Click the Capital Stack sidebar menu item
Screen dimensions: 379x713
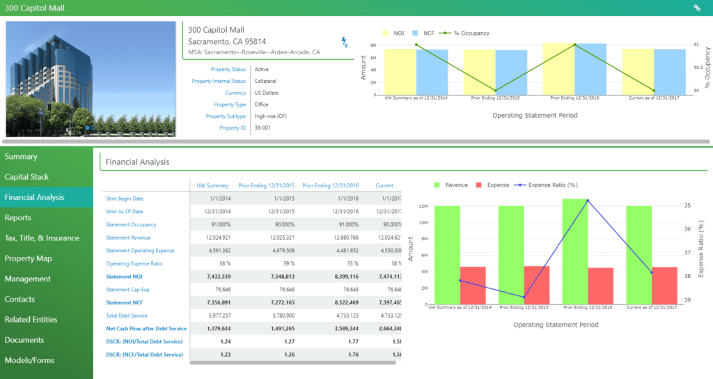[x=26, y=177]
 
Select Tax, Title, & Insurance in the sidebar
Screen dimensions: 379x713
[x=42, y=238]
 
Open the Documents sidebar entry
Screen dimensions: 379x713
[x=24, y=340]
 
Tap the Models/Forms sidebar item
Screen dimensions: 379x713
[x=29, y=360]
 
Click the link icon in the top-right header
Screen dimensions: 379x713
[x=697, y=8]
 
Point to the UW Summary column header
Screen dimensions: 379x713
[x=212, y=185]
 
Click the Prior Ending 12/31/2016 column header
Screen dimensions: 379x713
[x=331, y=185]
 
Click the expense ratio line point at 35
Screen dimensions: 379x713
[x=588, y=201]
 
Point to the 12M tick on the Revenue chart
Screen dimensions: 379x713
[x=422, y=206]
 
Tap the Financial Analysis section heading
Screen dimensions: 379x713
[x=137, y=162]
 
